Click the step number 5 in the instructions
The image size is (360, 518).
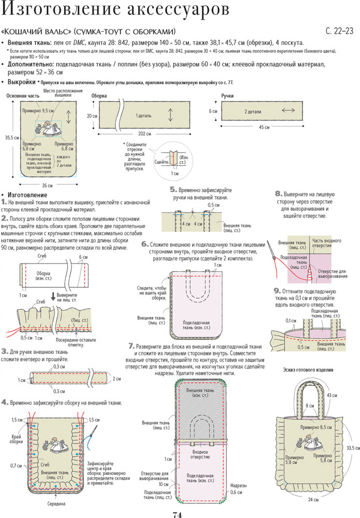point(172,190)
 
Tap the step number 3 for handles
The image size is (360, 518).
point(4,351)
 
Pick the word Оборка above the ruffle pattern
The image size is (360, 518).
point(99,96)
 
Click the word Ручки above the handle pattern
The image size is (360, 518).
point(227,96)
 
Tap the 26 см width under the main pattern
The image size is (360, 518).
point(47,185)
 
